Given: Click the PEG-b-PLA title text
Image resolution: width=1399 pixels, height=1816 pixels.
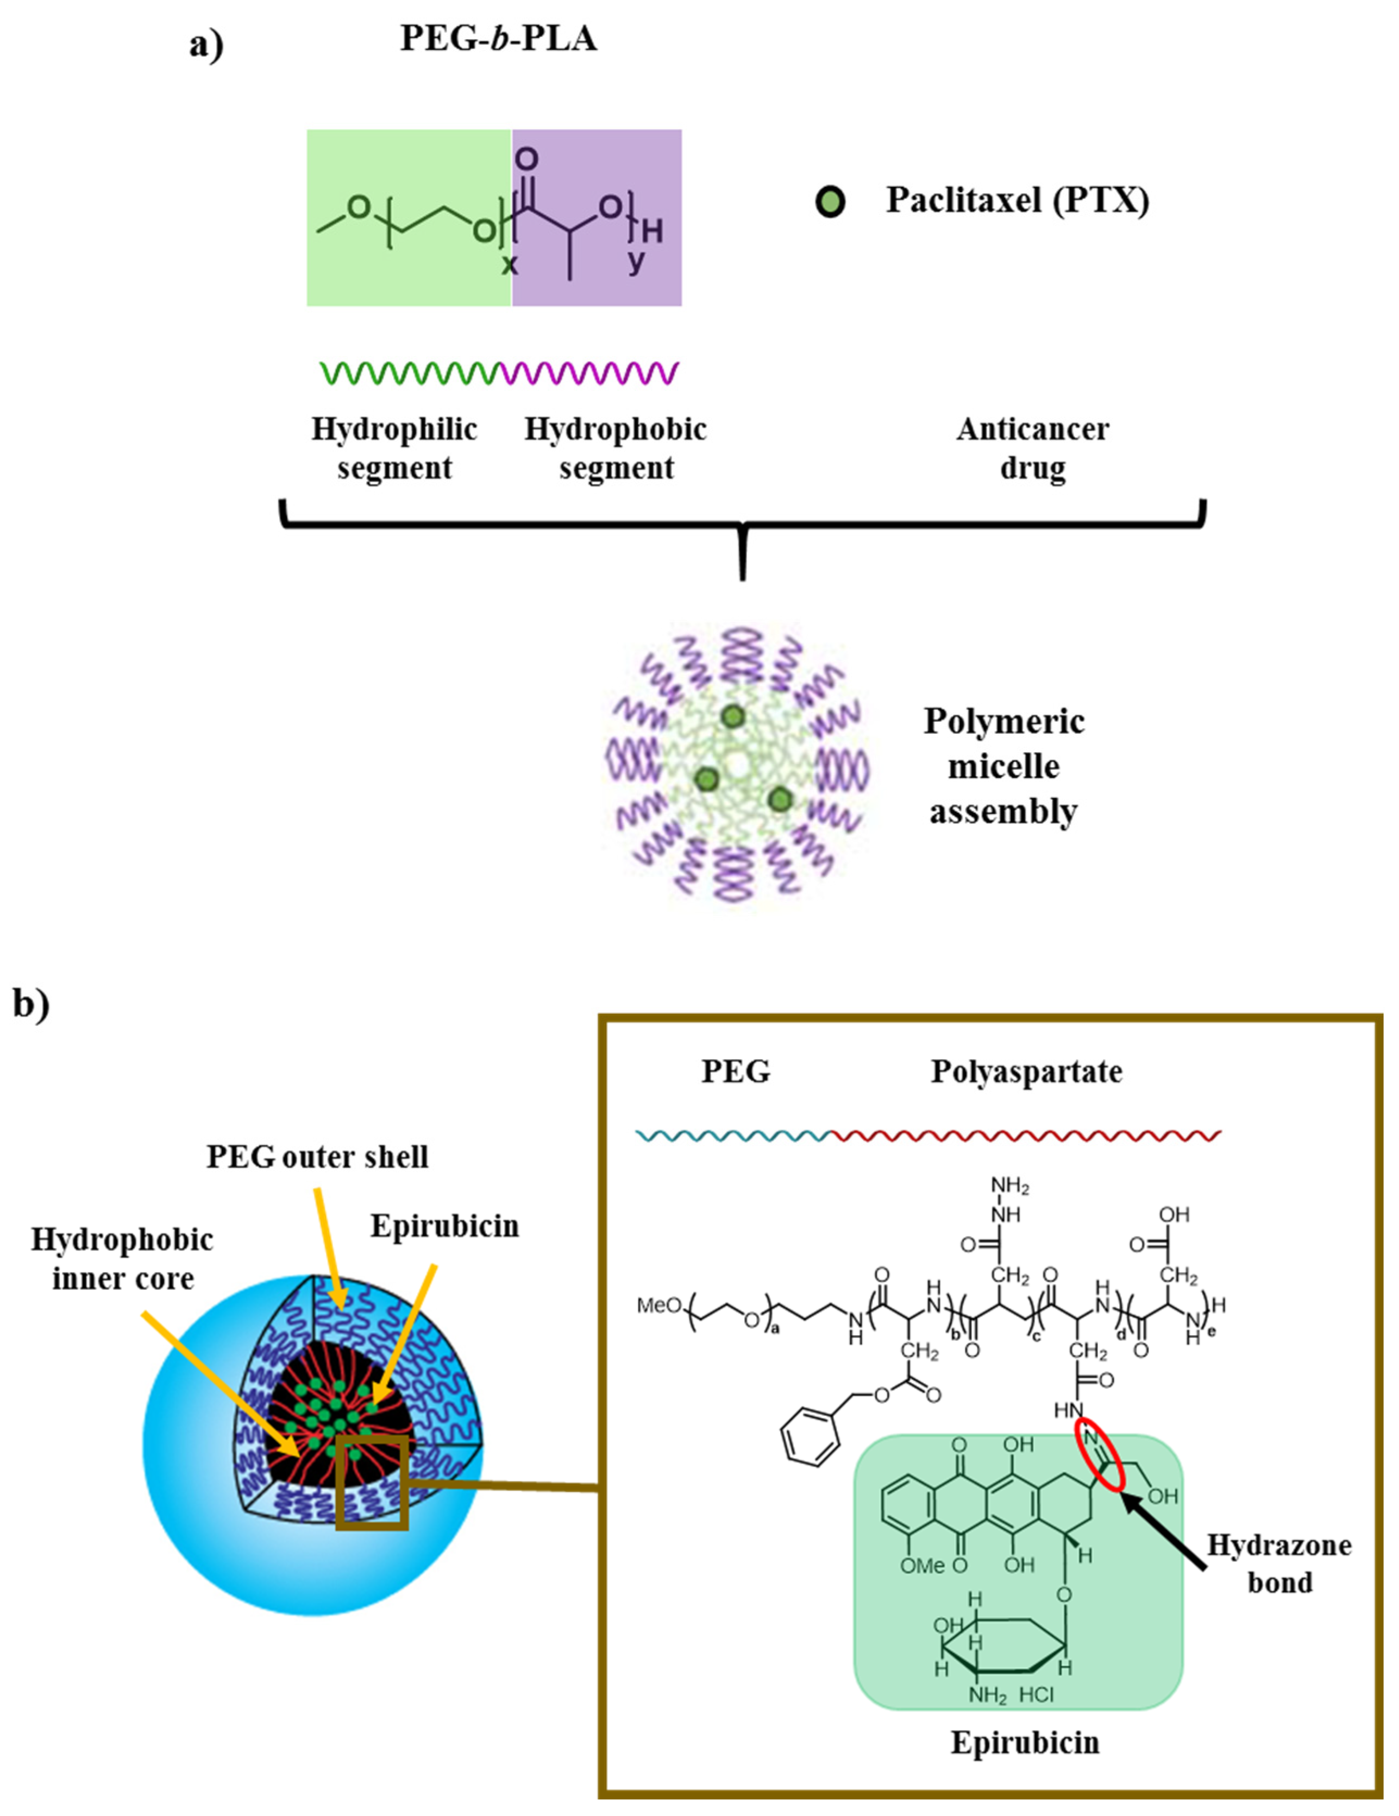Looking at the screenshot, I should tap(498, 38).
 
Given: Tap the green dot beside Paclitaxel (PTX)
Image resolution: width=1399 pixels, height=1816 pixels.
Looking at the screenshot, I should tap(829, 202).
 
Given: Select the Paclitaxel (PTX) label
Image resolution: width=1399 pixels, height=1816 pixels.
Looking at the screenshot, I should tap(1017, 200).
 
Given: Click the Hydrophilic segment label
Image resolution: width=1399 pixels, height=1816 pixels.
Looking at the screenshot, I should tap(394, 448).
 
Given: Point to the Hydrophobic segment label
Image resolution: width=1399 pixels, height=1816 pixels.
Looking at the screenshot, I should tap(616, 448).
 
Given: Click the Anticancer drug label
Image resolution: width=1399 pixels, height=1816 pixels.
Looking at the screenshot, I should tap(1032, 448).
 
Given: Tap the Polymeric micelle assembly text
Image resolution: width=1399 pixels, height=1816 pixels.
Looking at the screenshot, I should tap(1004, 766).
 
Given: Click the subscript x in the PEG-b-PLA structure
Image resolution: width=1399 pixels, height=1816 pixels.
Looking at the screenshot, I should tap(509, 265).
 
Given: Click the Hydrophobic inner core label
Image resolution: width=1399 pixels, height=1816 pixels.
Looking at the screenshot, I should tap(122, 1259).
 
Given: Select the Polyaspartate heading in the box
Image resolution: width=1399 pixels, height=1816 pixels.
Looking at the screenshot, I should tap(1026, 1072).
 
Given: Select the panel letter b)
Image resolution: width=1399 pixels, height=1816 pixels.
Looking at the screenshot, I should tap(31, 1004).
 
